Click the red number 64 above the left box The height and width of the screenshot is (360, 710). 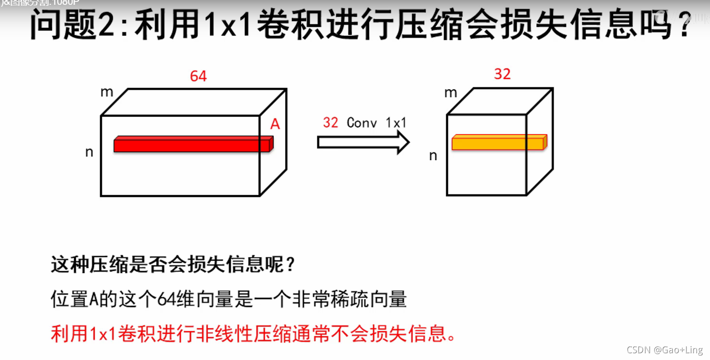click(198, 76)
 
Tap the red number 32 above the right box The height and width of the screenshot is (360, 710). click(502, 74)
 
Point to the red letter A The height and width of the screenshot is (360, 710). click(275, 125)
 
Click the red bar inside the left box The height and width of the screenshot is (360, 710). click(193, 144)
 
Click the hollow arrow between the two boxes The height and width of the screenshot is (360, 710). click(363, 142)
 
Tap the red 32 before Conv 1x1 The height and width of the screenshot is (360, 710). click(331, 123)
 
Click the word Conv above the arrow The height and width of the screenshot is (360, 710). click(362, 123)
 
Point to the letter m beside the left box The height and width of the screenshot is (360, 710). click(107, 92)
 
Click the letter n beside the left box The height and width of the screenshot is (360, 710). click(89, 152)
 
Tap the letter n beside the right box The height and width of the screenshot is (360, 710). click(433, 156)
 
